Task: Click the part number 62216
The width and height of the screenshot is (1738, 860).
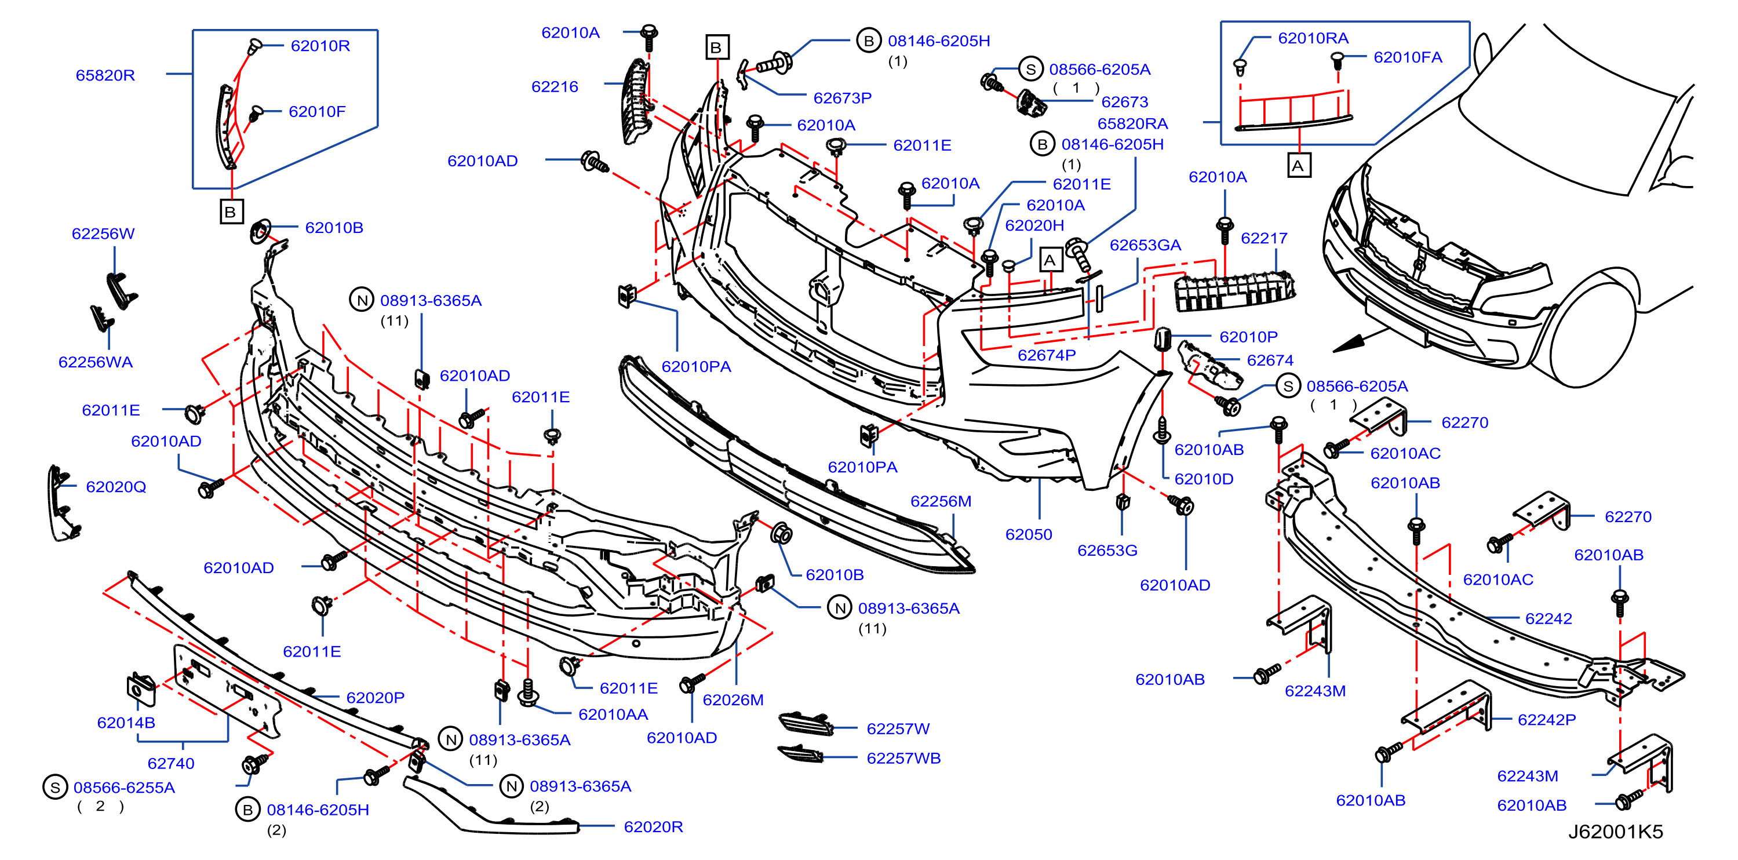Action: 555,87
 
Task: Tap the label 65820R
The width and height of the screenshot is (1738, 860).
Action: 105,75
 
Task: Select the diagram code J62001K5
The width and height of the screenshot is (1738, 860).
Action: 1615,832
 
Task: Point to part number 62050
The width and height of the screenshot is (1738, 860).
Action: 1028,535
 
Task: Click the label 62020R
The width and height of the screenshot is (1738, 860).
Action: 653,827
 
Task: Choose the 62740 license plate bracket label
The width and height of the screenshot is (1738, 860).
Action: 171,764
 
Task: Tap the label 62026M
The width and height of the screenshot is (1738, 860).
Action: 733,700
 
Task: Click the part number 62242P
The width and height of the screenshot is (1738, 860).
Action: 1546,720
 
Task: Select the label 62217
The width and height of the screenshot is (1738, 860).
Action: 1264,238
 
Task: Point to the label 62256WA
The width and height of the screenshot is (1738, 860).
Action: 95,362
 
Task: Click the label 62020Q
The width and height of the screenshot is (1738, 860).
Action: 116,487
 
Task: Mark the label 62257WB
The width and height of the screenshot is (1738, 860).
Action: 903,758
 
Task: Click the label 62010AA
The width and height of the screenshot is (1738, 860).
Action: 613,715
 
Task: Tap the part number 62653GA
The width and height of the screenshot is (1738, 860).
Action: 1145,246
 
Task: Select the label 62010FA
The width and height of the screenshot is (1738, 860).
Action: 1408,57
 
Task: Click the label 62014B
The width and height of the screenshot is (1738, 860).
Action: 126,723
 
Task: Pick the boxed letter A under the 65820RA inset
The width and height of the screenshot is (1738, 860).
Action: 1299,165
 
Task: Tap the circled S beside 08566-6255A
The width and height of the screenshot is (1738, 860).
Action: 54,787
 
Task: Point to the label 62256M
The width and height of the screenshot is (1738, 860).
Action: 941,502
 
